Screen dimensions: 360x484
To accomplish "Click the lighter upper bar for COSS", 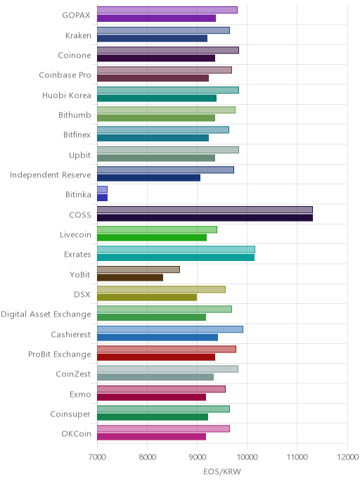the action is [x=205, y=210].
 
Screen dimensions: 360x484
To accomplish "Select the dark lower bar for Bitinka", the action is [x=103, y=198].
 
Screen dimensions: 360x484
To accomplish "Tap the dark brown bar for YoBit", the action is [x=130, y=277].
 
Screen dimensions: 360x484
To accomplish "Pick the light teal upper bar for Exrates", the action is [x=176, y=250].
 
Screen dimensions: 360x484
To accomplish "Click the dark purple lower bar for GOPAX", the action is [x=156, y=18].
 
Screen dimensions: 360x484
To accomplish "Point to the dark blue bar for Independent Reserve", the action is [x=148, y=178].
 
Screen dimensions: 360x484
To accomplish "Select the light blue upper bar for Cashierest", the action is [x=170, y=329].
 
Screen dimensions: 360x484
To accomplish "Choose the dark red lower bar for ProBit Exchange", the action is [x=156, y=357].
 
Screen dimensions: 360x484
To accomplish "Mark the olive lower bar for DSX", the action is [x=147, y=298].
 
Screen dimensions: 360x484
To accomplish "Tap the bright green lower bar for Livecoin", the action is [x=152, y=238].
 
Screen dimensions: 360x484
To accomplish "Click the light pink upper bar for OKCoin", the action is [x=164, y=428].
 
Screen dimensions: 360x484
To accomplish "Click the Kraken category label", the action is [x=78, y=35].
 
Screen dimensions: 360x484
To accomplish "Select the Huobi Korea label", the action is [x=67, y=95].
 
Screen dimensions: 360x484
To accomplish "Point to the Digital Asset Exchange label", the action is [x=46, y=314].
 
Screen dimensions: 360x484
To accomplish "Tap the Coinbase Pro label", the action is [x=65, y=75].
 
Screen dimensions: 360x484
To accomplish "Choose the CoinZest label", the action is [x=73, y=374].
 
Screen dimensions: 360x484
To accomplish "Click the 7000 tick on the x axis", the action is [x=97, y=457].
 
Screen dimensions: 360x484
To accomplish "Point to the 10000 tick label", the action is [x=247, y=457].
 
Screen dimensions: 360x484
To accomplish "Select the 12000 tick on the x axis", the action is [x=347, y=457].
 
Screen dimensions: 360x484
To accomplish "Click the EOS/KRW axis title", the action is [x=222, y=471].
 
